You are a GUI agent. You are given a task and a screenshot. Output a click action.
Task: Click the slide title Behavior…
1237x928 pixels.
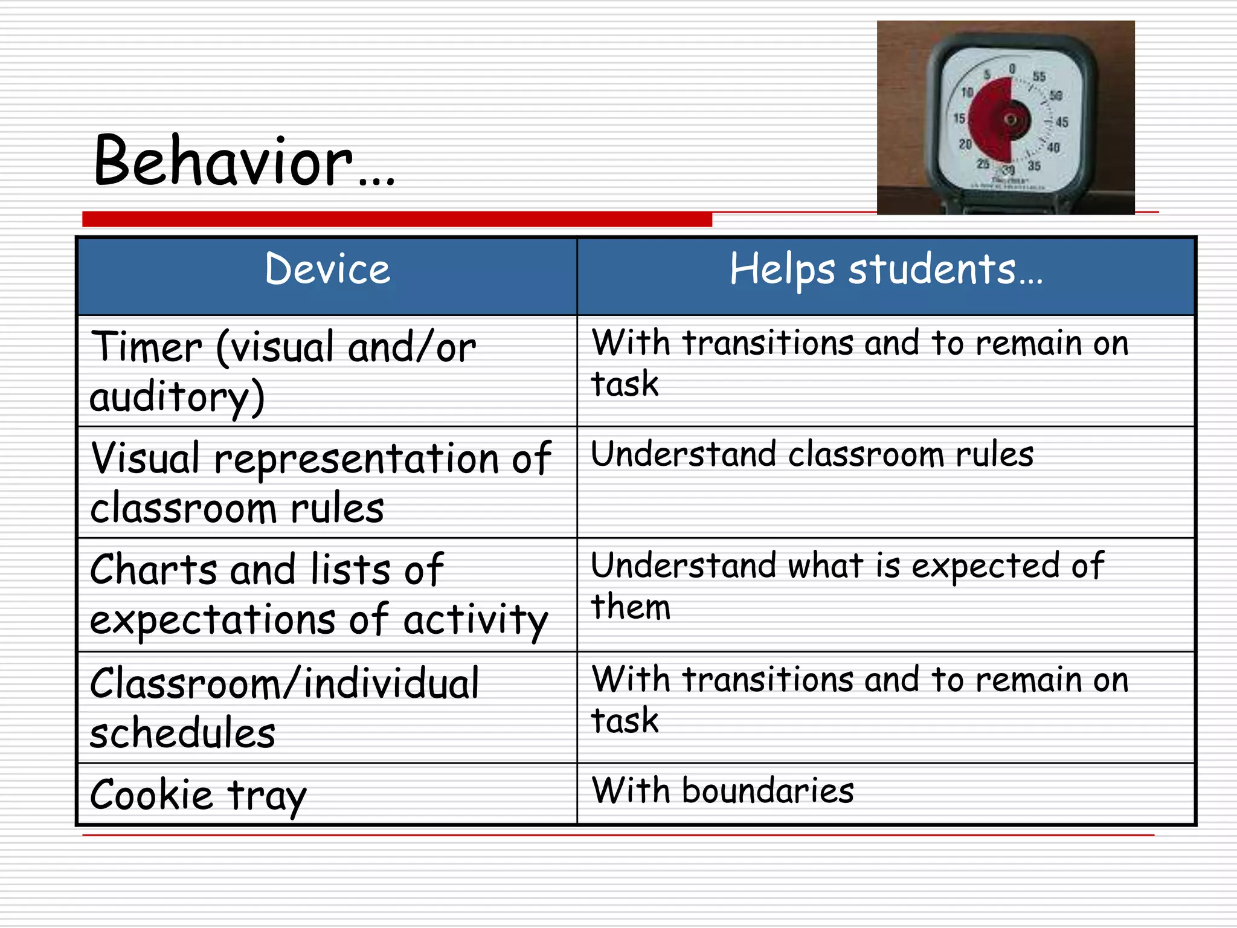tap(244, 161)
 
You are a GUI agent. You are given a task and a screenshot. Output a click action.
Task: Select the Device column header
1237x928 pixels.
tap(327, 269)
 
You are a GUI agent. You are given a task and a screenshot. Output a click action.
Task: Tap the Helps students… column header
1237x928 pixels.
tap(885, 269)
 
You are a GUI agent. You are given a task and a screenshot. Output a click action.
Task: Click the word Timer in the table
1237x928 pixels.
tap(147, 347)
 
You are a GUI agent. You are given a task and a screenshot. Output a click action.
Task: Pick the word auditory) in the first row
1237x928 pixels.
tap(177, 398)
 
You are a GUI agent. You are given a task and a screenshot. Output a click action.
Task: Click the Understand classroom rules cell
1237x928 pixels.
tap(812, 454)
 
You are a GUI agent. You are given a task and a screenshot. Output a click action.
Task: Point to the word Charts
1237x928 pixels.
tap(153, 569)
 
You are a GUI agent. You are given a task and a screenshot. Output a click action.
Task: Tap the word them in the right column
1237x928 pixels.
tap(631, 607)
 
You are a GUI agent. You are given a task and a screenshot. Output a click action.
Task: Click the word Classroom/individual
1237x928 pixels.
tap(284, 684)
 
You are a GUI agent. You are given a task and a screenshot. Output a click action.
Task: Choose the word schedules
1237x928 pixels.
tap(182, 733)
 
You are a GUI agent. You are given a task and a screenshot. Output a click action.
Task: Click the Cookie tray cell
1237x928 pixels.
tap(198, 795)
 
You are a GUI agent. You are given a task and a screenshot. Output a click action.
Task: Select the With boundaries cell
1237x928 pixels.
tap(722, 790)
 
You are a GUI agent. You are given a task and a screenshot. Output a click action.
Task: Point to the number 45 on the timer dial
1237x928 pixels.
tap(1061, 122)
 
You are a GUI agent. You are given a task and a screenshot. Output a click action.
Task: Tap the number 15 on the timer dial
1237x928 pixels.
tap(959, 118)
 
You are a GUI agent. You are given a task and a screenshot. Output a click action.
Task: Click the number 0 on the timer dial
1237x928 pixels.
tap(1012, 69)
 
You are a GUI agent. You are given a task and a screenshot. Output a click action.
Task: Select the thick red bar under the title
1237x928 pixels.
tap(397, 219)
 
